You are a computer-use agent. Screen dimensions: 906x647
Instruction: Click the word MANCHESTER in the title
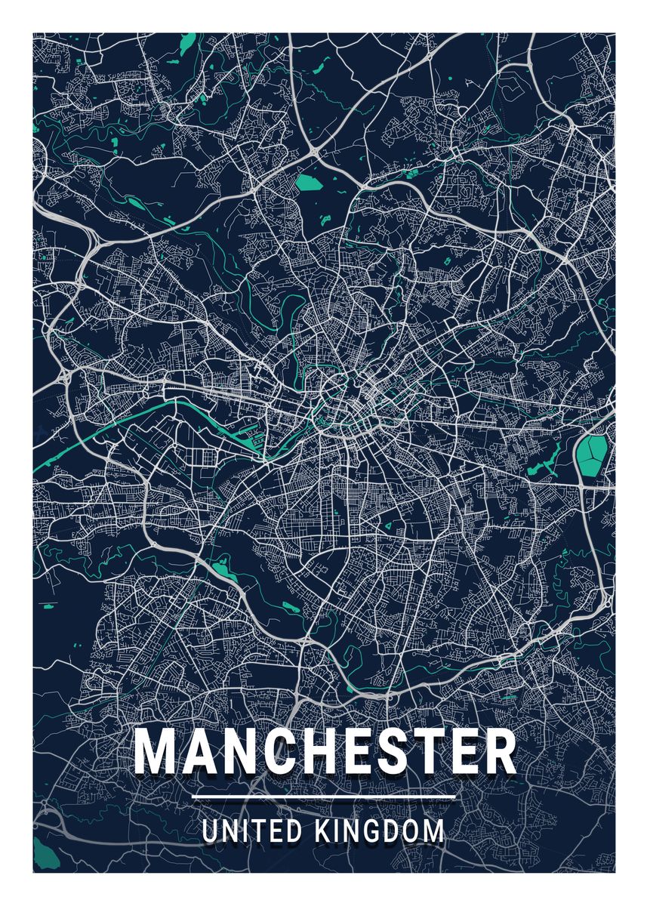(x=325, y=752)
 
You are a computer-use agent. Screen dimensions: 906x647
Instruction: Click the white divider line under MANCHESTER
(x=324, y=797)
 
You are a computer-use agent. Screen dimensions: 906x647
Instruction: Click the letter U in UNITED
(x=211, y=831)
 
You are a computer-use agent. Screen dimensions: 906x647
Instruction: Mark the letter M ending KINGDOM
(x=433, y=831)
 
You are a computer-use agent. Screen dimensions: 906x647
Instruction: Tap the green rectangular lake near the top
(x=307, y=182)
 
